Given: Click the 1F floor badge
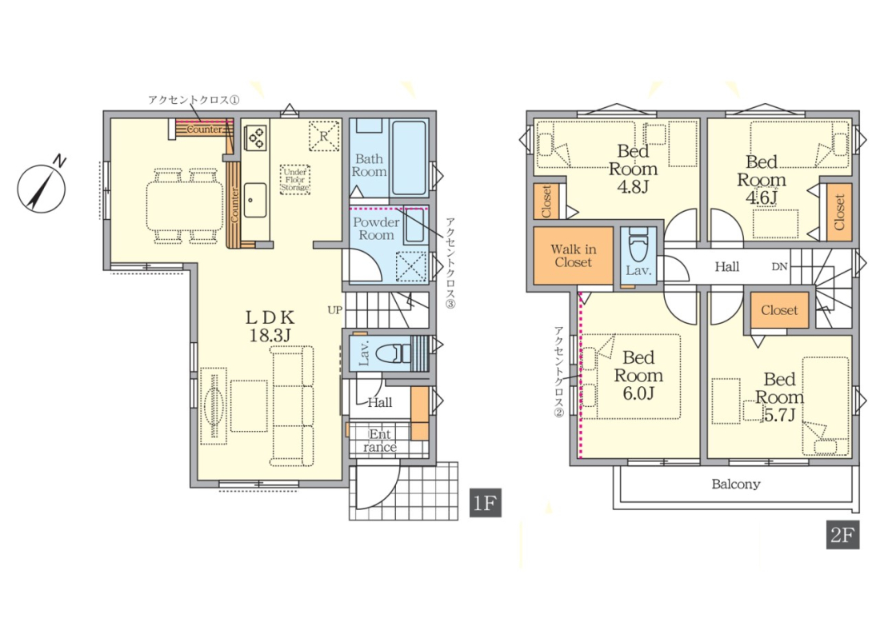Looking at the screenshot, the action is point(485,503).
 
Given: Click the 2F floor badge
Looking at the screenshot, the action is point(842,535).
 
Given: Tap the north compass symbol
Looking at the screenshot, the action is point(42,187).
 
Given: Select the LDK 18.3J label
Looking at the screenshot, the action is point(270,326).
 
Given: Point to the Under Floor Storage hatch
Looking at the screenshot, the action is point(295,179).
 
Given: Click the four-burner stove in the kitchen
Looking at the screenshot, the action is point(257,138).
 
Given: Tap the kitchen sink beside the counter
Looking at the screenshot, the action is point(255,200).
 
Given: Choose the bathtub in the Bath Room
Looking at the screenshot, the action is point(409,157).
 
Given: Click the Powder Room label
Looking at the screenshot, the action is point(376,229).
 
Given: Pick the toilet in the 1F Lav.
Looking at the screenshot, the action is point(393,354).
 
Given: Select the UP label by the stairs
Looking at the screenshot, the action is point(334,310).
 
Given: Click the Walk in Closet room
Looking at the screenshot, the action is point(573,256).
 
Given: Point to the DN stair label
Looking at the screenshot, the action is point(779,267).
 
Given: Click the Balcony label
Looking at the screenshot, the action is point(736,484).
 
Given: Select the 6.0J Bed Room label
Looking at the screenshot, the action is point(638,375).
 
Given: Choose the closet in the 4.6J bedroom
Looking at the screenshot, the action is point(839,212).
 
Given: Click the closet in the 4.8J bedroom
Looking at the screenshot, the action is point(546,201).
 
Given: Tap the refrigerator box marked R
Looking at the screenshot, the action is point(324,135).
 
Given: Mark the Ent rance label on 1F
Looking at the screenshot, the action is point(380,441).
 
